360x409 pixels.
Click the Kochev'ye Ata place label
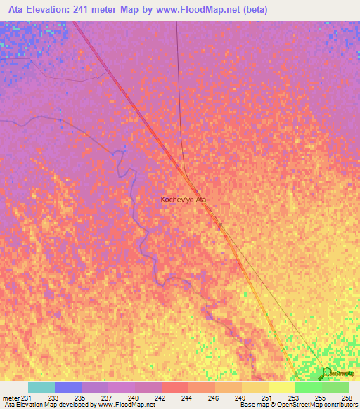tap(184, 200)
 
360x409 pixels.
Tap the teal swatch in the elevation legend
tap(41, 387)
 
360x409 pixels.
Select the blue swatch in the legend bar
tap(68, 387)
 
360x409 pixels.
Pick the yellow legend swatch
tap(282, 387)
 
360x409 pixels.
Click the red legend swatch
tap(175, 387)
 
